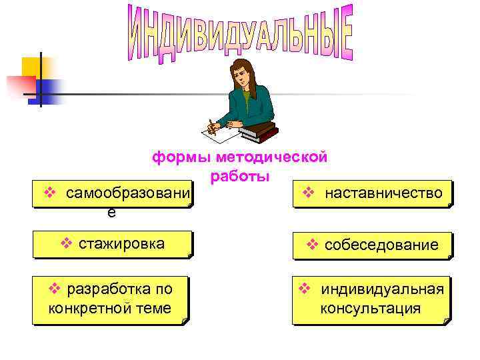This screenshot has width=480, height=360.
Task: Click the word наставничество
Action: coord(383,193)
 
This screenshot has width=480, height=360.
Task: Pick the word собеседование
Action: coord(381,245)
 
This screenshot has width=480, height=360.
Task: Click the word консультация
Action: coord(370,309)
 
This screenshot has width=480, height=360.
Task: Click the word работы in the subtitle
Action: coord(240,177)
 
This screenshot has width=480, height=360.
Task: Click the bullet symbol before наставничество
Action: coord(308,193)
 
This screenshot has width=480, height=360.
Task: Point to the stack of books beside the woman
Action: coord(258,131)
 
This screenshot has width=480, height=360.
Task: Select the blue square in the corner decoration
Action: coord(51,89)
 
